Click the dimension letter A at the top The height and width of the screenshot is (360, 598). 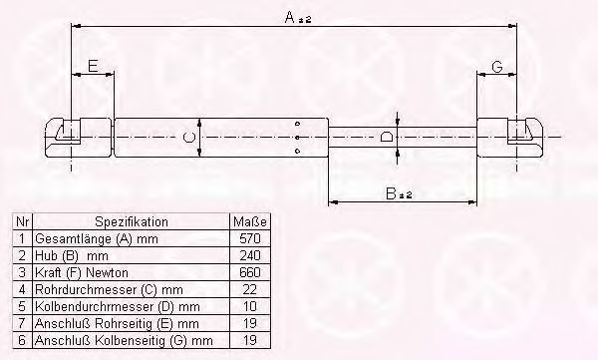pyautogui.click(x=290, y=17)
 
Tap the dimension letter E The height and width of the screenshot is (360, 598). pyautogui.click(x=93, y=66)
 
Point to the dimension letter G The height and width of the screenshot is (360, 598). pyautogui.click(x=497, y=67)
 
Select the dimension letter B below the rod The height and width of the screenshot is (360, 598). pyautogui.click(x=391, y=193)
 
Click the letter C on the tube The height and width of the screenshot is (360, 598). pyautogui.click(x=189, y=137)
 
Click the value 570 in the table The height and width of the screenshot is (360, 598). pyautogui.click(x=250, y=238)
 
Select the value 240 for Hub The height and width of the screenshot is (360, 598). pyautogui.click(x=250, y=255)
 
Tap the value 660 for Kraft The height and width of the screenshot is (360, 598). pyautogui.click(x=250, y=272)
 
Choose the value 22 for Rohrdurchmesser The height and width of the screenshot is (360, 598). pyautogui.click(x=250, y=289)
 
